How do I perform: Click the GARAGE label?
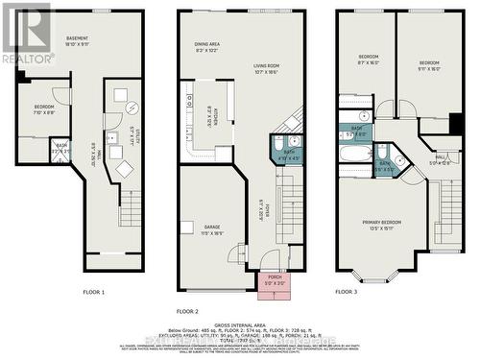click(x=209, y=229)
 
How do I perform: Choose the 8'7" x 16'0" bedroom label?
click(x=369, y=60)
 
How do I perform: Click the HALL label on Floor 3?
click(x=439, y=161)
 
